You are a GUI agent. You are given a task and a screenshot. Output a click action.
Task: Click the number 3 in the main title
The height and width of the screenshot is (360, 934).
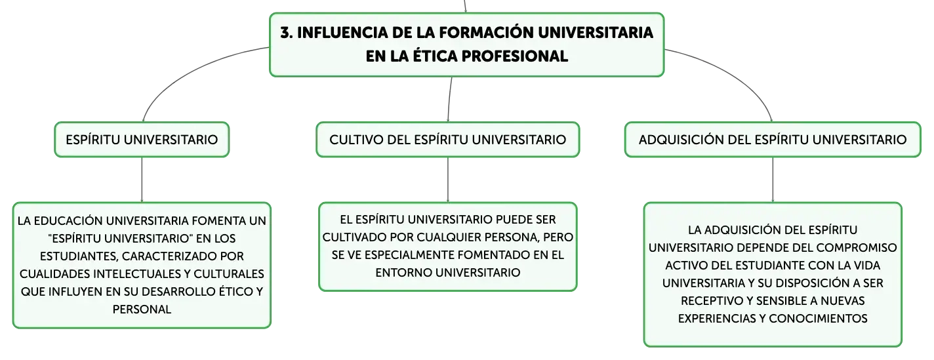click(285, 33)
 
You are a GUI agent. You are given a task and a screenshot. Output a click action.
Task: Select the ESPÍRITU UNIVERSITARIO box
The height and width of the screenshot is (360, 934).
click(142, 140)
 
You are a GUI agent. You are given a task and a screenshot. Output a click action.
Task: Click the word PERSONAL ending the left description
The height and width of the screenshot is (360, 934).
click(142, 309)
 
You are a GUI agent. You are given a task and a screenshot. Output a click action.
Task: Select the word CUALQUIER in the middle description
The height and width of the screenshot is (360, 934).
click(449, 237)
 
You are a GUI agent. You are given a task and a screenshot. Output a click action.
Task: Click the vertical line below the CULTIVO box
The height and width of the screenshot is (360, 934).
click(448, 180)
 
